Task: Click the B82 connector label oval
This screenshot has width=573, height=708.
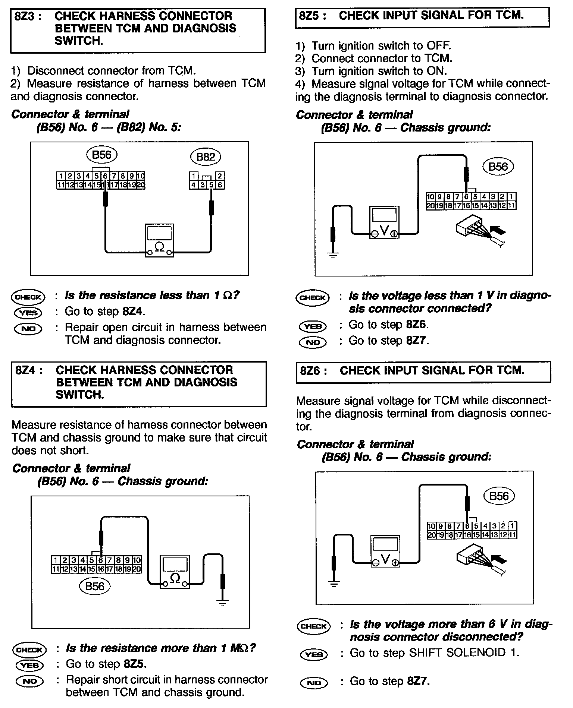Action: [x=206, y=157]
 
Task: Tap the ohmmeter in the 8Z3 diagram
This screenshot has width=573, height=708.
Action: [x=159, y=240]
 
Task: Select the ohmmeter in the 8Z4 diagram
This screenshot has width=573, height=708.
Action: [x=175, y=572]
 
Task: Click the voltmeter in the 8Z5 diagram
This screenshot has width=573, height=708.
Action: [x=384, y=222]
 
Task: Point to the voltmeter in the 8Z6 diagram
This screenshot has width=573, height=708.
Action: [x=385, y=552]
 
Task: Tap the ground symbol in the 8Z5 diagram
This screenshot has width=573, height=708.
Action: [x=333, y=255]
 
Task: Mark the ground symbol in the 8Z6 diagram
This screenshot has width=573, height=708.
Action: [x=334, y=584]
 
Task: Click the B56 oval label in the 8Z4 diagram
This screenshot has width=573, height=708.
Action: [x=95, y=586]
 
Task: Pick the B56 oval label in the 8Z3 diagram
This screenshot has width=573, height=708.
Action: [x=101, y=154]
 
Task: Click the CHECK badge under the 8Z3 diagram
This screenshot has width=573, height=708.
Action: [x=28, y=297]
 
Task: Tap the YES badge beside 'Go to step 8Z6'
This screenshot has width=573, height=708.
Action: [x=313, y=326]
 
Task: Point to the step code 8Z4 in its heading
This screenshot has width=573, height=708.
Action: [x=28, y=370]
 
